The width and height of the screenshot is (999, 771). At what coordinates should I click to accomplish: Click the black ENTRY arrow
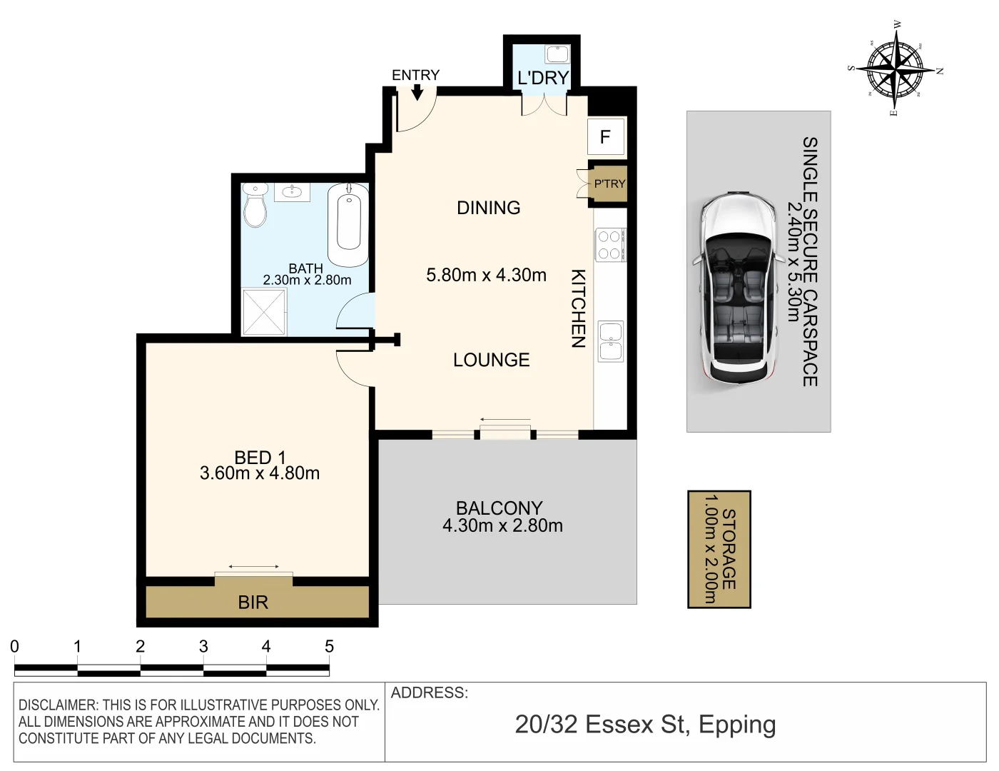tap(417, 92)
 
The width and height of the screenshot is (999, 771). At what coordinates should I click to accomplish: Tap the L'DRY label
tap(542, 78)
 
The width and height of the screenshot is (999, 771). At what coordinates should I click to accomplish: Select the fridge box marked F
tap(606, 136)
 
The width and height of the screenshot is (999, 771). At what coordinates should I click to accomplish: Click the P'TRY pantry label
tap(609, 184)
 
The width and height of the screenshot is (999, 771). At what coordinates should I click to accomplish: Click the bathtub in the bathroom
tap(348, 224)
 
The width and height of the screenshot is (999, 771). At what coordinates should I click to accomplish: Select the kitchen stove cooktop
tap(609, 244)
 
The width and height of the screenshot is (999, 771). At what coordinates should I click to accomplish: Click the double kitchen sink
tap(610, 341)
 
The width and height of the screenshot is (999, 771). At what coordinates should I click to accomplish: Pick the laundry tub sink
tap(556, 54)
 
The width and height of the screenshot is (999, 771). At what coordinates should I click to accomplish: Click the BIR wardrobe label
tap(253, 603)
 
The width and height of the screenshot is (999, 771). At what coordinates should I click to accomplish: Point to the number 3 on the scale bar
tap(203, 647)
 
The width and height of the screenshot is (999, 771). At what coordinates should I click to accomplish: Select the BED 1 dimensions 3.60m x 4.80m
tap(260, 473)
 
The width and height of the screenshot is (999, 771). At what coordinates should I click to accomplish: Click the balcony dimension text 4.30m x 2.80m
tap(502, 526)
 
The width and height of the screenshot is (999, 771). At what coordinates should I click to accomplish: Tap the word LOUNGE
tap(491, 360)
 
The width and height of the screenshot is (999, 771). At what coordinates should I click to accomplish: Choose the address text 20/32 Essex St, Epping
tap(645, 725)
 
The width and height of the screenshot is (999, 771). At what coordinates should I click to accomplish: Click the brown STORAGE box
tap(719, 549)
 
